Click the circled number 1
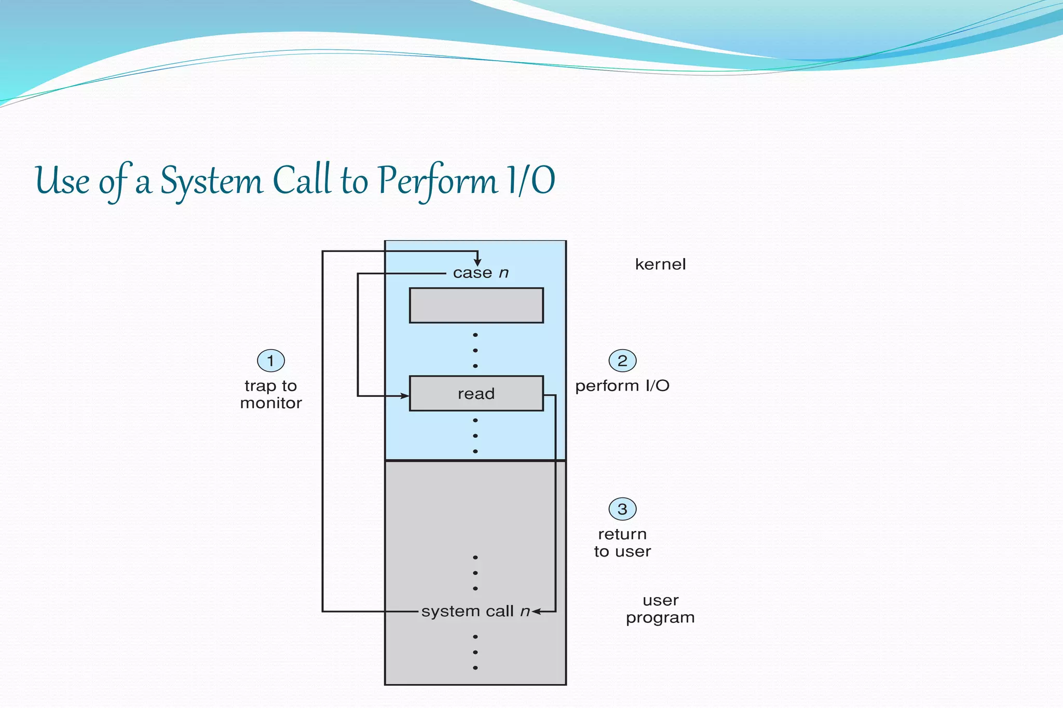tap(271, 360)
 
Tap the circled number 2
tap(622, 360)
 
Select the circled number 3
tap(622, 509)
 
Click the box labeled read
tap(476, 394)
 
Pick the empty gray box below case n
tap(476, 306)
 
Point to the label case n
tap(481, 273)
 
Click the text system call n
tap(475, 612)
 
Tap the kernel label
tap(660, 265)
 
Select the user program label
tap(660, 609)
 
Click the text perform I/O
tap(622, 386)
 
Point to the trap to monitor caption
tap(271, 394)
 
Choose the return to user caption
tap(622, 543)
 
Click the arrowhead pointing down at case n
tap(478, 263)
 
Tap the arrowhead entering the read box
tap(404, 396)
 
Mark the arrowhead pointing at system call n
tap(537, 612)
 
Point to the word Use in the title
tap(62, 181)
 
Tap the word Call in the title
tap(302, 179)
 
